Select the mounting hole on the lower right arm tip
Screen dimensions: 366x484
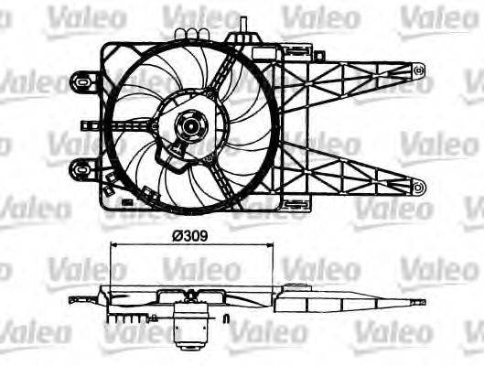[x=418, y=188]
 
